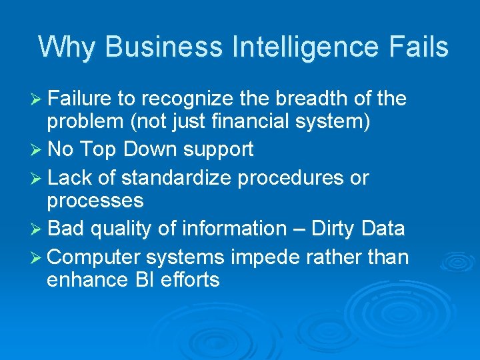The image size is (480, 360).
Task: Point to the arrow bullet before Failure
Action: tap(38, 100)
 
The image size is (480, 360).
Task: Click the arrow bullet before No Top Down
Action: tap(38, 150)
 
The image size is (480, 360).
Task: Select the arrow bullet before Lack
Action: tap(38, 179)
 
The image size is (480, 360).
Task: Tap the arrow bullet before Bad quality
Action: tap(38, 229)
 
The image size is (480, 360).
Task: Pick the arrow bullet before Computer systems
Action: tap(38, 257)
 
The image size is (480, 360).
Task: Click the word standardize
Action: tap(167, 179)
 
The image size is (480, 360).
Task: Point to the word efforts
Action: tap(196, 279)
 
